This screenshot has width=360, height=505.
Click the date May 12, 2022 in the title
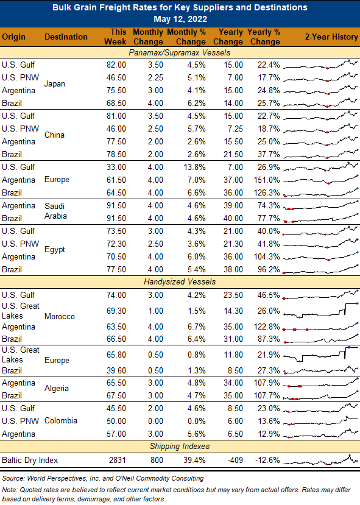[180, 19]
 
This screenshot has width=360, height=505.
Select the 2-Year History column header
[331, 37]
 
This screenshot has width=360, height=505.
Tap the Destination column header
[66, 37]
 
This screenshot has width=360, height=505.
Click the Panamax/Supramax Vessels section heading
[180, 52]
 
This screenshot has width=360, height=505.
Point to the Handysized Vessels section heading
[180, 282]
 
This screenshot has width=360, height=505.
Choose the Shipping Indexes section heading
[180, 446]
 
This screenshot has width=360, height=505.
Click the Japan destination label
[55, 83]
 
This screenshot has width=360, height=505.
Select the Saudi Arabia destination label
[55, 211]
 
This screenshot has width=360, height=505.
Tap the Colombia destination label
[61, 420]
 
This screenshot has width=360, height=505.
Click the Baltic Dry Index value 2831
[117, 460]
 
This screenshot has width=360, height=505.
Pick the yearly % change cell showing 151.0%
[267, 180]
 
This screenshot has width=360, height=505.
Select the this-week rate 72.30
[116, 244]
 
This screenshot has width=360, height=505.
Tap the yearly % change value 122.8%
[267, 327]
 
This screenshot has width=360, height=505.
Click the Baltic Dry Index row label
[30, 460]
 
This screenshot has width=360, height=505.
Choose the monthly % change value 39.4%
[194, 460]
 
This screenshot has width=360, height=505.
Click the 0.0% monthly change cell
[196, 421]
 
